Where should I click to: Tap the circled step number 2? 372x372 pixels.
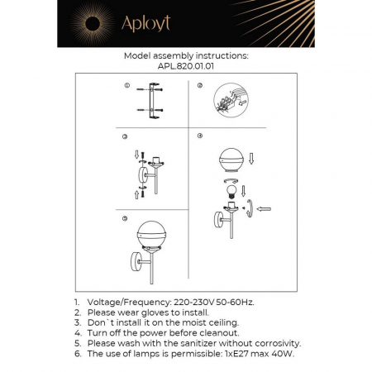click(200, 86)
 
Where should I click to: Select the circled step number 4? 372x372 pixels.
click(200, 136)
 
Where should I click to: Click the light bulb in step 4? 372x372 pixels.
click(233, 189)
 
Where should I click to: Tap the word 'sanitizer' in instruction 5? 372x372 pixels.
click(205, 342)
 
